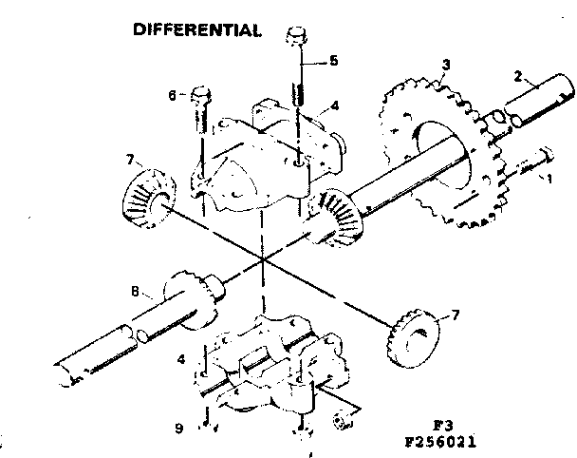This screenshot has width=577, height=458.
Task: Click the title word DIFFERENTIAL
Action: (x=197, y=29)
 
